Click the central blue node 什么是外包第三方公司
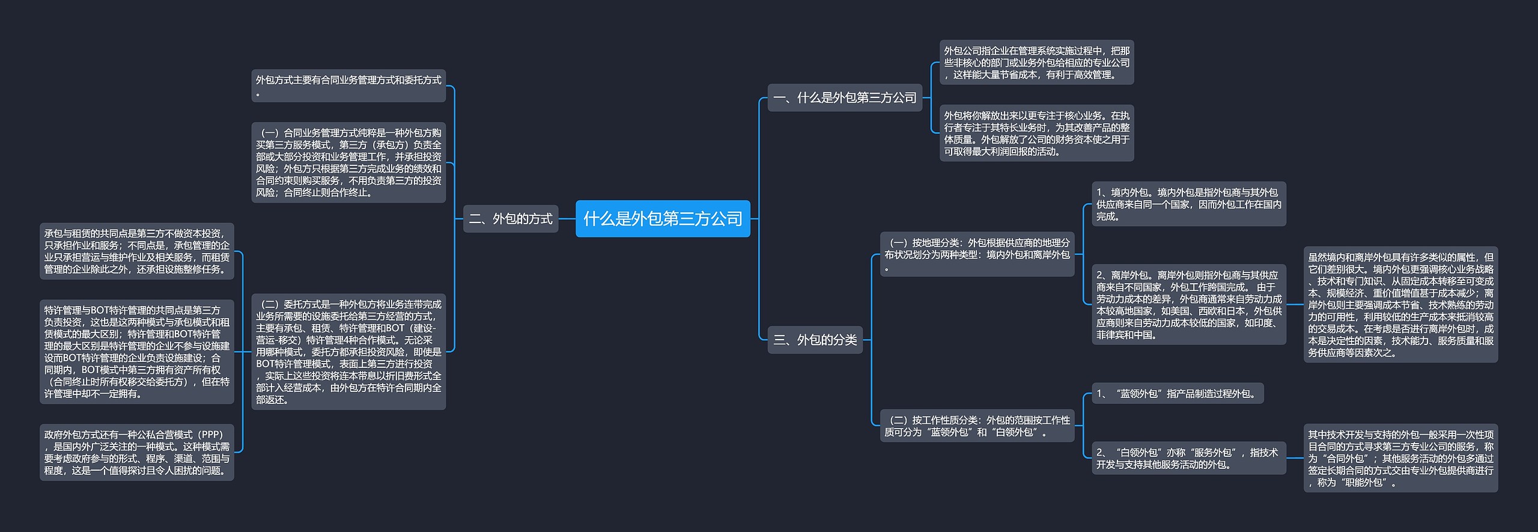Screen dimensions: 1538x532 point(663,219)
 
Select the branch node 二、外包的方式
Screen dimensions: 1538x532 point(511,219)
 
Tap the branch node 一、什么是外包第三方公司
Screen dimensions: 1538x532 point(845,97)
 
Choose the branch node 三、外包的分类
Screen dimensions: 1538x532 point(815,340)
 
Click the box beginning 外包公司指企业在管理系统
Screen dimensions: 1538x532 point(1036,63)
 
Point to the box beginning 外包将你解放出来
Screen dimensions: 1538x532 point(1036,133)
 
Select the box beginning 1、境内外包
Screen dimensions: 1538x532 point(1188,204)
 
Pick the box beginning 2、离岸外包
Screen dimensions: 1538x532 point(1188,304)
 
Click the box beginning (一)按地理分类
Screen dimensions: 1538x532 point(977,254)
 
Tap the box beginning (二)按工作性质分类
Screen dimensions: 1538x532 point(977,426)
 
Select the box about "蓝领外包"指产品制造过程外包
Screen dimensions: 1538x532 point(1177,394)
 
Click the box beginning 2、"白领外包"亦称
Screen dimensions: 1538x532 point(1188,458)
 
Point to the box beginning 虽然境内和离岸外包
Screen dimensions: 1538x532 point(1400,304)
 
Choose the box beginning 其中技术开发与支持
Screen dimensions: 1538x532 point(1400,458)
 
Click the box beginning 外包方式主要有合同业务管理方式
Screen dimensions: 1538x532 point(348,85)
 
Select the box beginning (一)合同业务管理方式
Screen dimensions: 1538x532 point(348,162)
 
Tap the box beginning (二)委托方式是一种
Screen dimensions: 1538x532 point(348,352)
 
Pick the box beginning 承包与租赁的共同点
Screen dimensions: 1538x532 point(137,251)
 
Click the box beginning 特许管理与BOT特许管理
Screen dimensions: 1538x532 point(137,352)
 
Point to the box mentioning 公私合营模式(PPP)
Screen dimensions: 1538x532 point(137,452)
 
